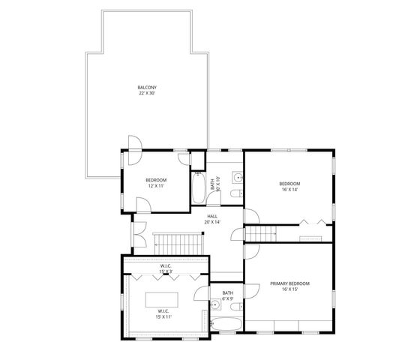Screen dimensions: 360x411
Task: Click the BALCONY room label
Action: (x=147, y=87)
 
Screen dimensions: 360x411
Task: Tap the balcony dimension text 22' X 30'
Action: (x=147, y=94)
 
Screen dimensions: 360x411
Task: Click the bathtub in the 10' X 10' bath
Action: (x=198, y=188)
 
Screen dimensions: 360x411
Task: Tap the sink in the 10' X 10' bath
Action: (x=237, y=178)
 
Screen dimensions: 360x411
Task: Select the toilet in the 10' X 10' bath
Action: (x=235, y=195)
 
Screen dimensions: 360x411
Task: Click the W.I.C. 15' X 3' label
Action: (x=166, y=268)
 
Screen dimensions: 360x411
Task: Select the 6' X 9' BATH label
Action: (x=228, y=295)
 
